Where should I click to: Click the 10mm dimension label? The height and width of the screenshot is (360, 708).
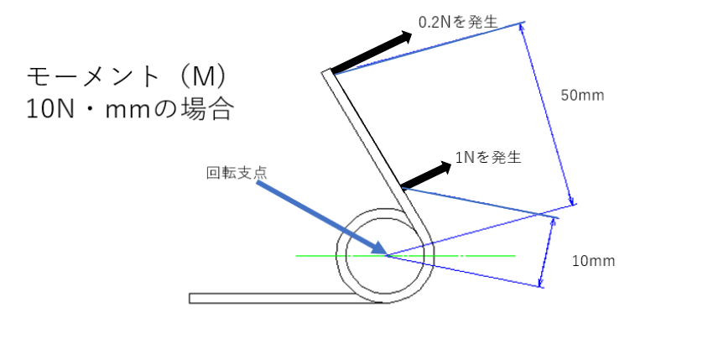pos(593,261)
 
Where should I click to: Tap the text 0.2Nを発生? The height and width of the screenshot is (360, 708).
pos(459,23)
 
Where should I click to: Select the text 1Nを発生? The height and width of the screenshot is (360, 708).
pos(488,156)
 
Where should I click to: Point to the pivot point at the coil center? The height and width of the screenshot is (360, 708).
pos(386,254)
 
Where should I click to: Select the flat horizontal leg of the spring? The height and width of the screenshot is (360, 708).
pos(277,298)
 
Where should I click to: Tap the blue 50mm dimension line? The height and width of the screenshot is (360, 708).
pos(548,113)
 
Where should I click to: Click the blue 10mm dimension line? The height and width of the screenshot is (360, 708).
pos(547,251)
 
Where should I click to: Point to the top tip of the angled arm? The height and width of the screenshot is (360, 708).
pos(328,74)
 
